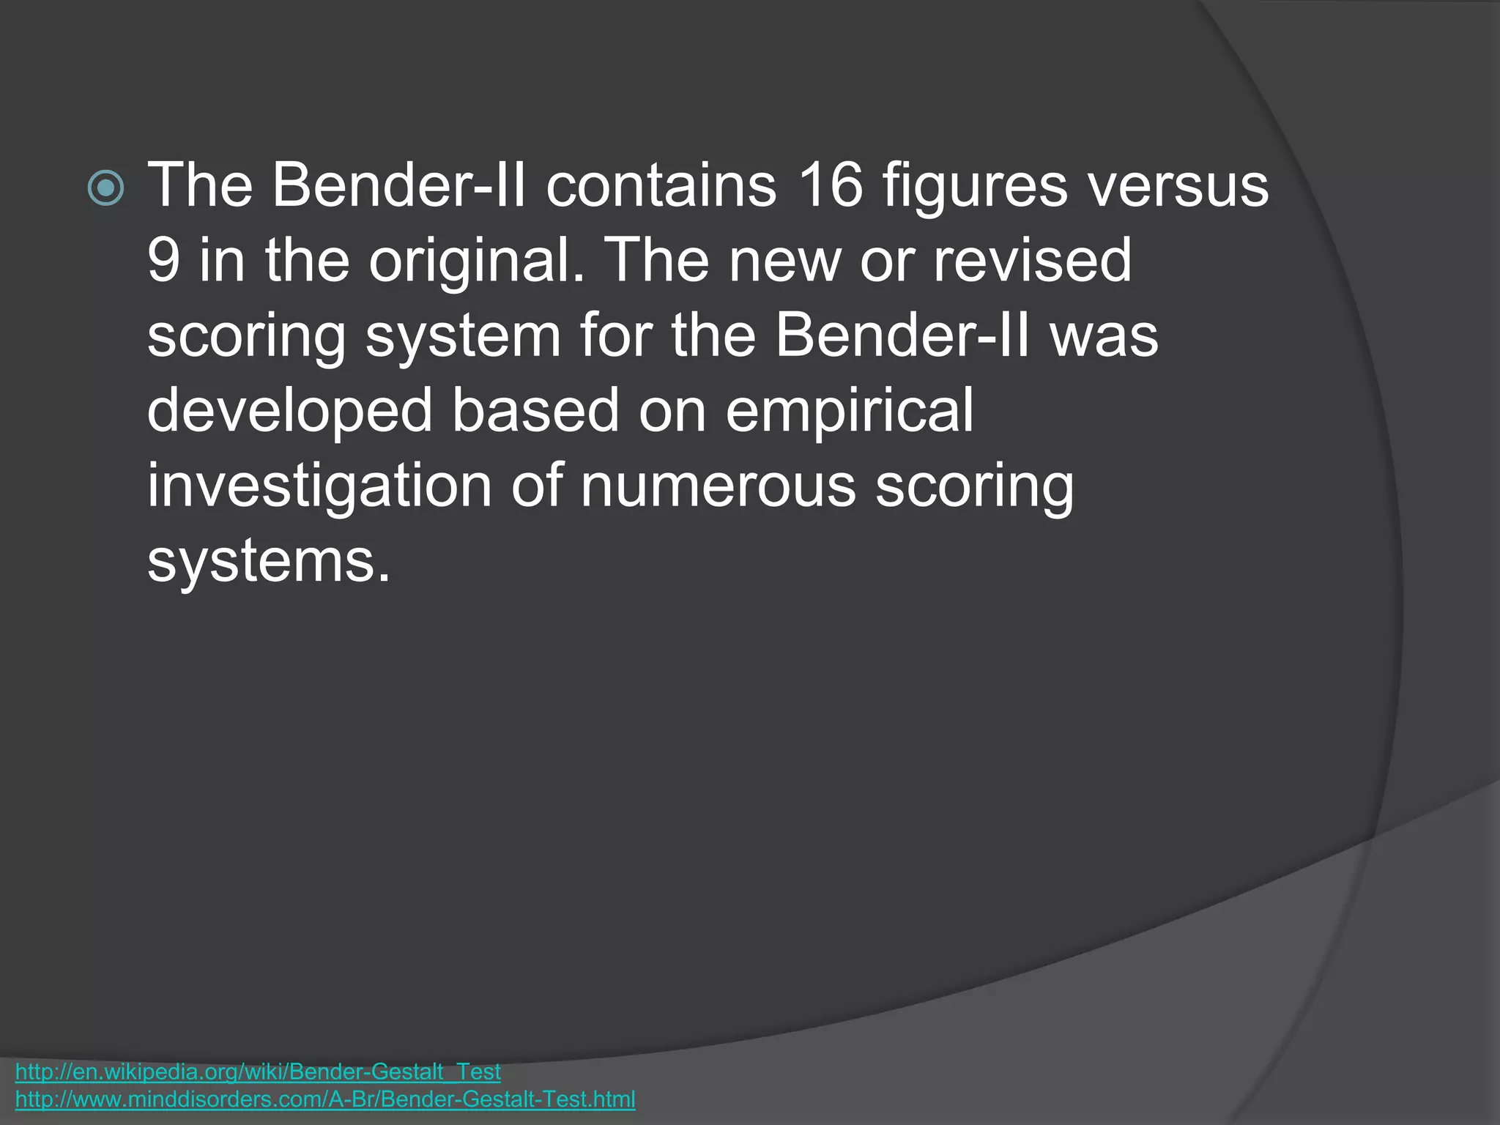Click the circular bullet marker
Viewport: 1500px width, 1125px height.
click(x=105, y=188)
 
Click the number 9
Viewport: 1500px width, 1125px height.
click(x=163, y=261)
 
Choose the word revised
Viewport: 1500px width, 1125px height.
click(x=1032, y=261)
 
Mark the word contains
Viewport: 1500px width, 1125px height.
click(x=661, y=186)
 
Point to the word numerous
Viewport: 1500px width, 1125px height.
click(x=718, y=486)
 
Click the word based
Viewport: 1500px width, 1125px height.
click(x=535, y=410)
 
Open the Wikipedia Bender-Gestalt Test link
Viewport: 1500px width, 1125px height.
click(x=258, y=1072)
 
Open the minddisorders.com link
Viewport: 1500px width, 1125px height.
click(x=325, y=1099)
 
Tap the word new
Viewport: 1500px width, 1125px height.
click(x=784, y=261)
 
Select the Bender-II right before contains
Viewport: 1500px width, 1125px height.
click(x=399, y=186)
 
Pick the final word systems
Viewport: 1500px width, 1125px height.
click(x=269, y=562)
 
